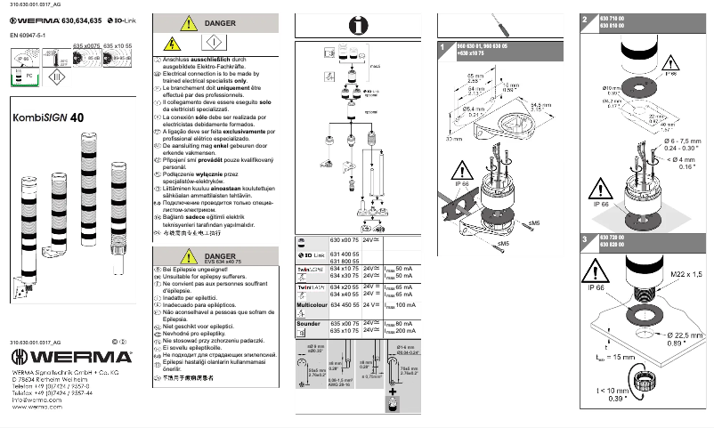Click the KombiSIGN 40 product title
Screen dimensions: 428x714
(48, 117)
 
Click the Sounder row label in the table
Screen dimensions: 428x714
(308, 324)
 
